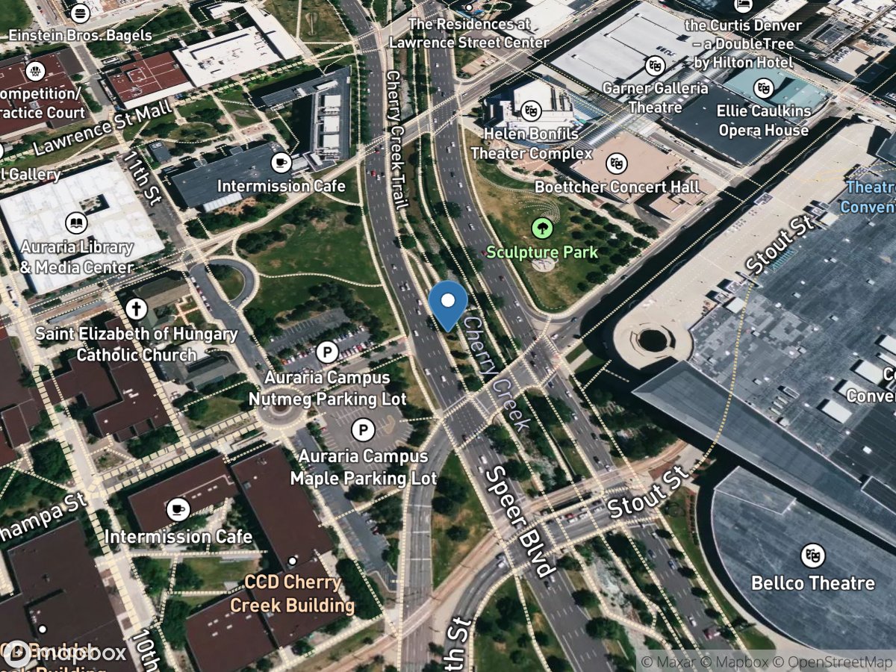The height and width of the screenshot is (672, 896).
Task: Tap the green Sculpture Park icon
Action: (541, 228)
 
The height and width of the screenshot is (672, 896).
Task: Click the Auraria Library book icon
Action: (75, 223)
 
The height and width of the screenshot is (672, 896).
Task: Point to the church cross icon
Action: (136, 309)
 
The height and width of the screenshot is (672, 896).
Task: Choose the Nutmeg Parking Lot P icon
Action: (327, 352)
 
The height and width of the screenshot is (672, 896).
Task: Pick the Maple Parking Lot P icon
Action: (363, 430)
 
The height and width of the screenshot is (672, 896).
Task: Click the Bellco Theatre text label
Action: (812, 583)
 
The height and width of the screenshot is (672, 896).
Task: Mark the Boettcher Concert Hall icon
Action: (616, 162)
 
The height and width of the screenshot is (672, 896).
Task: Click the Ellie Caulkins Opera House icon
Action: (763, 87)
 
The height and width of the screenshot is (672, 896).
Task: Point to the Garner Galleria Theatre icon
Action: (656, 66)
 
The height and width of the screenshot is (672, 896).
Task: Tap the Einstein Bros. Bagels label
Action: (80, 35)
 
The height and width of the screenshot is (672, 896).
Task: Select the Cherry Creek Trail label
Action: (396, 140)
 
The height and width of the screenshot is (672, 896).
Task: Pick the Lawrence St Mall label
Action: (103, 128)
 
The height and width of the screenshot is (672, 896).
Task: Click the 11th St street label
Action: (142, 178)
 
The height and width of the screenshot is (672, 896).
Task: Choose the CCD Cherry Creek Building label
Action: (292, 594)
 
